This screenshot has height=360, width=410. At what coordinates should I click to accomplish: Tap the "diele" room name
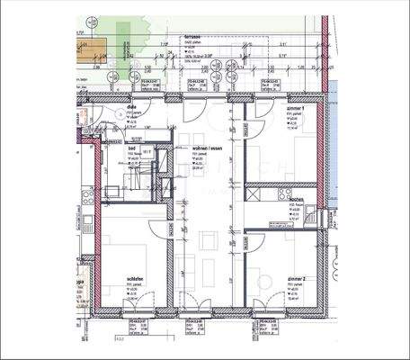[x=131, y=106]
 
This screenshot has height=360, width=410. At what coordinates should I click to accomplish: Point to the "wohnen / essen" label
[x=208, y=148]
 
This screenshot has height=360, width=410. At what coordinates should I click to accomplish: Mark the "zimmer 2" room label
[x=296, y=280]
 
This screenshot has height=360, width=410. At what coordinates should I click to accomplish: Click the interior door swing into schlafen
[x=160, y=229]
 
